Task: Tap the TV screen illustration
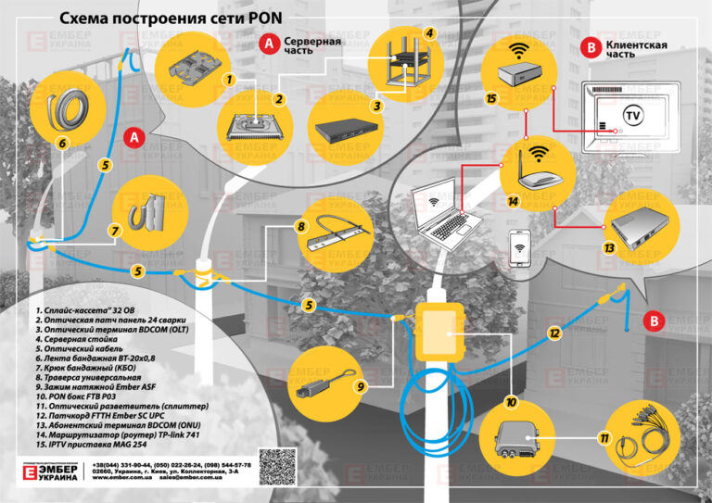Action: [624, 118]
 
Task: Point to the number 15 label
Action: [492, 96]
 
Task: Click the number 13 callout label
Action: [609, 248]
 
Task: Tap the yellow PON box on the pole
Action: [437, 331]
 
